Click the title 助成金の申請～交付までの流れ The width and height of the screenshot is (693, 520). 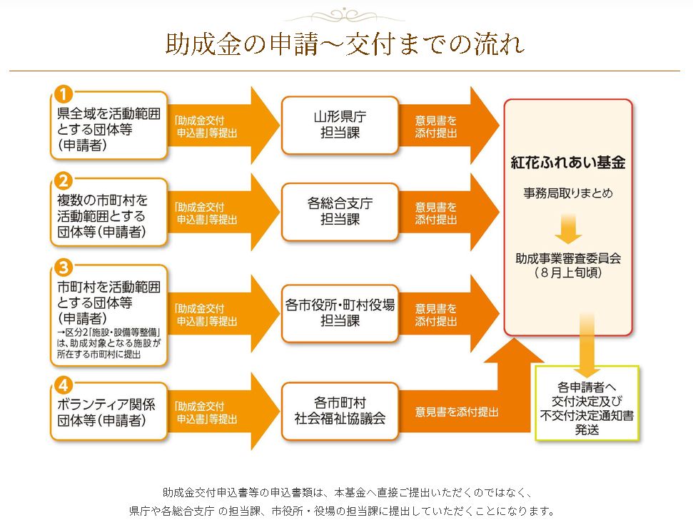pos(345,44)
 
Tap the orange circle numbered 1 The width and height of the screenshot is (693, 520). pos(64,93)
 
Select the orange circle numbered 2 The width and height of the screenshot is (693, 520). pos(64,180)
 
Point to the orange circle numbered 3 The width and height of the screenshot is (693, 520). pos(64,267)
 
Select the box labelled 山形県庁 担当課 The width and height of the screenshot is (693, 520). pos(340,125)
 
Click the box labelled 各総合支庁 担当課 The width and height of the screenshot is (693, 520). pos(340,211)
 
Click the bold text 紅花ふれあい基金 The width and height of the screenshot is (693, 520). pos(568,163)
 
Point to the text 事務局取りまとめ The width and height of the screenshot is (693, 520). pos(568,193)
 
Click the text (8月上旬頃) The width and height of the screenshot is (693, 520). pos(568,272)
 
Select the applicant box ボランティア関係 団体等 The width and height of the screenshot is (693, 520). pos(109,412)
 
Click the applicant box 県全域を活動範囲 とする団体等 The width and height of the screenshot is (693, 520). pos(109,125)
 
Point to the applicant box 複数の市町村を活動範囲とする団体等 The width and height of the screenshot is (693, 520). pos(109,212)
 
